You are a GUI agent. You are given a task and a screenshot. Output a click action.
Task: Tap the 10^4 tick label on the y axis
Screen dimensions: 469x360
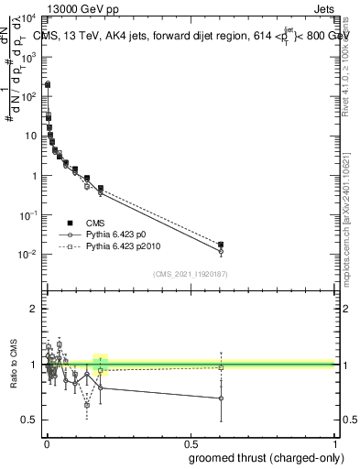(27, 17)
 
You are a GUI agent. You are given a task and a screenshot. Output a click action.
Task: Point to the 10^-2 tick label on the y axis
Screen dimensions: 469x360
(27, 255)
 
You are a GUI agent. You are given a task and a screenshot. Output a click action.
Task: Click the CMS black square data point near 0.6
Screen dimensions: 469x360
(221, 245)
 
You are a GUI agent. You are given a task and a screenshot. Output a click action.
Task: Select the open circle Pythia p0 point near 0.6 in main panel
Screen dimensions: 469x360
(221, 251)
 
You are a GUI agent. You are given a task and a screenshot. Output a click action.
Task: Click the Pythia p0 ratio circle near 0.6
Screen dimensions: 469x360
(221, 398)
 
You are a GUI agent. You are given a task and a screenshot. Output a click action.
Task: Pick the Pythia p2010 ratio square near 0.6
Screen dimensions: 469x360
(221, 368)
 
